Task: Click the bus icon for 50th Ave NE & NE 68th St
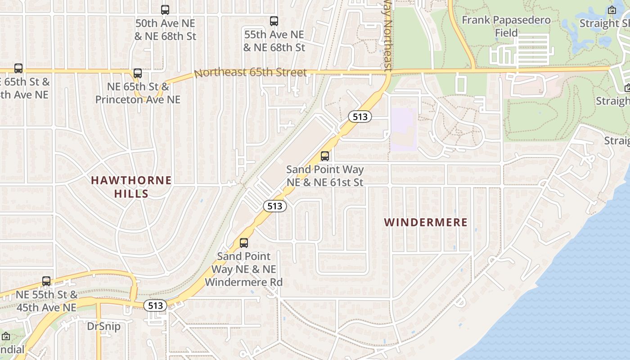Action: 165,9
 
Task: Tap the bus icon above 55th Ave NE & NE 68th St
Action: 274,21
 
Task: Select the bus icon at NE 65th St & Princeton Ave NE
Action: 138,73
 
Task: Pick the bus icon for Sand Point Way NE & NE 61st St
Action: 324,156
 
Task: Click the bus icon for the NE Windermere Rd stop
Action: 243,243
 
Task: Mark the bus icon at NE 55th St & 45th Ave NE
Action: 46,281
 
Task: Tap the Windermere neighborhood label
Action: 426,222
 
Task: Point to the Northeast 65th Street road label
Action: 250,72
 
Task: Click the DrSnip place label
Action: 103,326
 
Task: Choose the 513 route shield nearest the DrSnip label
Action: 155,306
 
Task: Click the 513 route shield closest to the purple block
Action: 360,117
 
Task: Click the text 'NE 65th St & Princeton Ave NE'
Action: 138,93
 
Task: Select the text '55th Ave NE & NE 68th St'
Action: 274,40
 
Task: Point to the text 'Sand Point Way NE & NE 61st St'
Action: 325,176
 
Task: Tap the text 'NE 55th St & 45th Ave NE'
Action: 46,301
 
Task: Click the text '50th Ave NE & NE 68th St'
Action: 166,30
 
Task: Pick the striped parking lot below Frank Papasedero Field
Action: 524,49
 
